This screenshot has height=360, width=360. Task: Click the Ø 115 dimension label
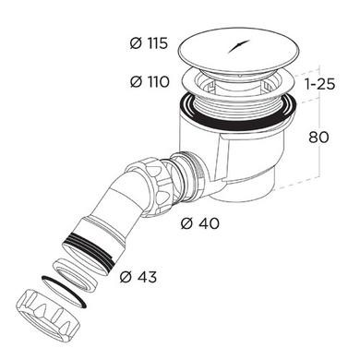point(149,43)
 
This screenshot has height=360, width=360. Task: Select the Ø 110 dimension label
point(150,82)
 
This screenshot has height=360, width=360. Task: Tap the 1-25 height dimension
point(319,84)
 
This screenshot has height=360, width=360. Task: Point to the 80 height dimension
point(318,137)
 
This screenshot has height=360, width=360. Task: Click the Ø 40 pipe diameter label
point(200,223)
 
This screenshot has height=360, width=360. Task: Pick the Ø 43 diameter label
point(138,277)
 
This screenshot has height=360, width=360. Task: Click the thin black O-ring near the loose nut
point(64,291)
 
